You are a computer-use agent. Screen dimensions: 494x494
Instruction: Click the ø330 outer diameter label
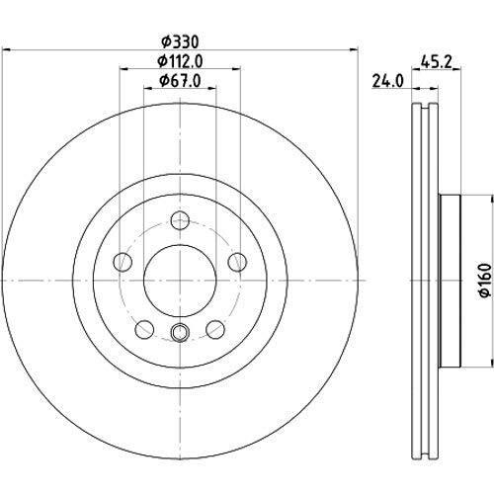tap(179, 42)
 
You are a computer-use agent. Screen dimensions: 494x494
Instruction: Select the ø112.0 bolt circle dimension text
tap(179, 63)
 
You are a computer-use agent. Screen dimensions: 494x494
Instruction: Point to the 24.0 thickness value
tap(382, 82)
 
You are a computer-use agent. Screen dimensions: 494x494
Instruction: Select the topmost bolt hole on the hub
tap(179, 220)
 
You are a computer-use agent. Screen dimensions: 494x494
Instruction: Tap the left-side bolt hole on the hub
tap(123, 261)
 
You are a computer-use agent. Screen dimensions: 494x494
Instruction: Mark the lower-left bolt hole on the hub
tap(144, 326)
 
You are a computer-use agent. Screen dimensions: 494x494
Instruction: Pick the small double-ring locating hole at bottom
tap(179, 331)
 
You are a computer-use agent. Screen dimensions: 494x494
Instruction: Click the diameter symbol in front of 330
tap(163, 42)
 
